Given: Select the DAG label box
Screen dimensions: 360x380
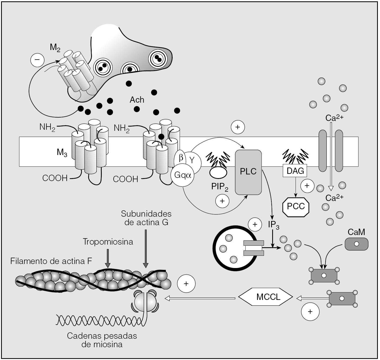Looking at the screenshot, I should pos(295,171).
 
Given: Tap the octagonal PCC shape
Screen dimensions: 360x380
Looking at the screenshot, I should pos(296,206).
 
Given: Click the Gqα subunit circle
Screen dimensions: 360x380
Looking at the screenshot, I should pos(183,175).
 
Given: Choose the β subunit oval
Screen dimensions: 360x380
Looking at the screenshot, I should pos(181,158).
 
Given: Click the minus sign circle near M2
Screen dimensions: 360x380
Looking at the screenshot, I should pos(37,60).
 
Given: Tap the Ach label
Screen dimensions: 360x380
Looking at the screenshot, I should pos(137,100).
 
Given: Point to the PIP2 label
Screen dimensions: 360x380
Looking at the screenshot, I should pos(220,187).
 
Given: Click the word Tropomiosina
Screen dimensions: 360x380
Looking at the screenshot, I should pos(108,242).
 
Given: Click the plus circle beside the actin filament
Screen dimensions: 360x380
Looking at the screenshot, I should pos(186,284).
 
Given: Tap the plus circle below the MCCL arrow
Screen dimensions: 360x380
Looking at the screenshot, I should pos(310,311).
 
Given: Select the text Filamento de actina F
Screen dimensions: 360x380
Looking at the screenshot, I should pos(51,261).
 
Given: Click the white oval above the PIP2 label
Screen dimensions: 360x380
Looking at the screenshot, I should pos(218,172).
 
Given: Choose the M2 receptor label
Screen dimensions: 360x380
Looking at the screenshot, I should pos(55,48).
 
